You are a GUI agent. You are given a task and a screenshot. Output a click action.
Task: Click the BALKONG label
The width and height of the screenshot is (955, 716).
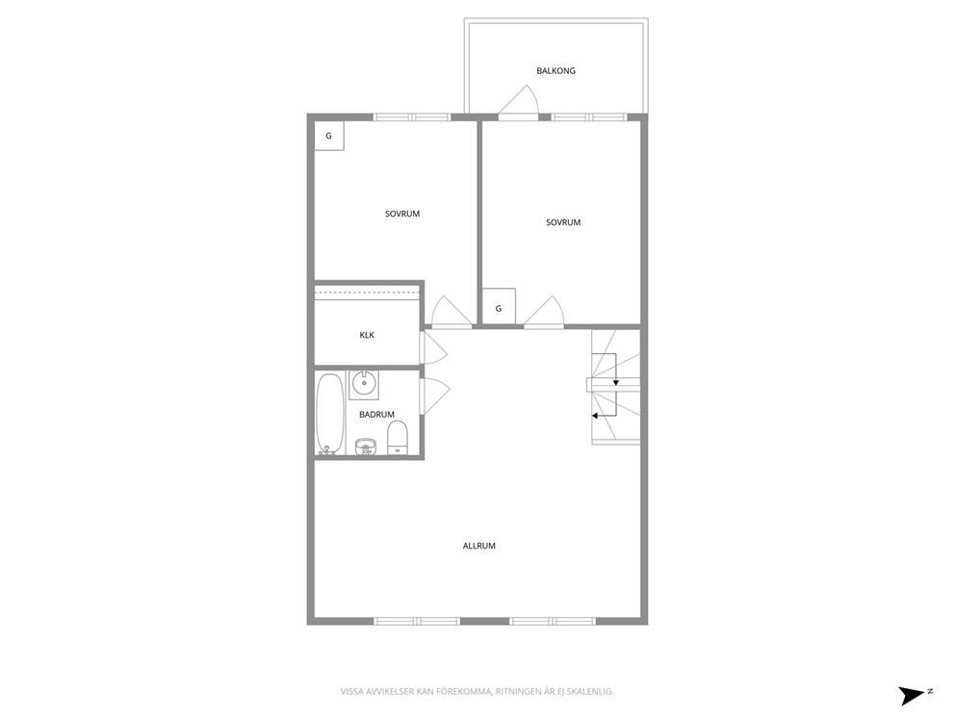(x=555, y=70)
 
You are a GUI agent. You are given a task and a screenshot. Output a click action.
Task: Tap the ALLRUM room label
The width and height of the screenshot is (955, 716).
(x=478, y=546)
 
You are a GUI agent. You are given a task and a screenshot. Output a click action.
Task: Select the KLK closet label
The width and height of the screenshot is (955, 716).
(x=367, y=335)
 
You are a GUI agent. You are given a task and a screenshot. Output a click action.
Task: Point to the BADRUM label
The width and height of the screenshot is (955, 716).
(x=376, y=415)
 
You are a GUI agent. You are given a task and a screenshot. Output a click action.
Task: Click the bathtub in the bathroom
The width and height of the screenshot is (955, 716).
(x=329, y=414)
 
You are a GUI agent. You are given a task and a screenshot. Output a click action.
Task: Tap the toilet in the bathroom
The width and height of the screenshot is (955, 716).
(x=397, y=437)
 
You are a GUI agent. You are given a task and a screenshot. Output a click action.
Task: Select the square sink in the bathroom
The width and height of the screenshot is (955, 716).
(x=364, y=384)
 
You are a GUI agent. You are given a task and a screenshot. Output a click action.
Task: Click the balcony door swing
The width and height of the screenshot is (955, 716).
(x=519, y=100)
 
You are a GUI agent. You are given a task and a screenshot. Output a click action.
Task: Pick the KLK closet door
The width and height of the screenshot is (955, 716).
(x=433, y=348)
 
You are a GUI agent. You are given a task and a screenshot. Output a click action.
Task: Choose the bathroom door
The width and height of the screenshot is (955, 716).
(x=435, y=396)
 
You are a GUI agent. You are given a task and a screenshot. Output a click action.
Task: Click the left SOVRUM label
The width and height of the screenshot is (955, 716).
(x=402, y=214)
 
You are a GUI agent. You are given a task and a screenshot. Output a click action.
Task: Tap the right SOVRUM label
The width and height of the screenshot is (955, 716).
(x=563, y=222)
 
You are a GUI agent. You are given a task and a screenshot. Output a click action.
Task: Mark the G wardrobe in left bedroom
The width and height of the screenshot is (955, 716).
(x=329, y=136)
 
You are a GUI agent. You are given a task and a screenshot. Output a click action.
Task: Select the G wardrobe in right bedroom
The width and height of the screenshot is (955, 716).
(x=499, y=308)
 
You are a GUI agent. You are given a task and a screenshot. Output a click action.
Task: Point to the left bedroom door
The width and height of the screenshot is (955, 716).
(x=452, y=312)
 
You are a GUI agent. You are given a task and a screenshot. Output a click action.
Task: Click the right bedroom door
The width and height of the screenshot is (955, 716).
(x=544, y=312)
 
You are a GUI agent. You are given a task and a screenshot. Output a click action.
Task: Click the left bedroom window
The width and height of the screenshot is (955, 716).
(x=412, y=116)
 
